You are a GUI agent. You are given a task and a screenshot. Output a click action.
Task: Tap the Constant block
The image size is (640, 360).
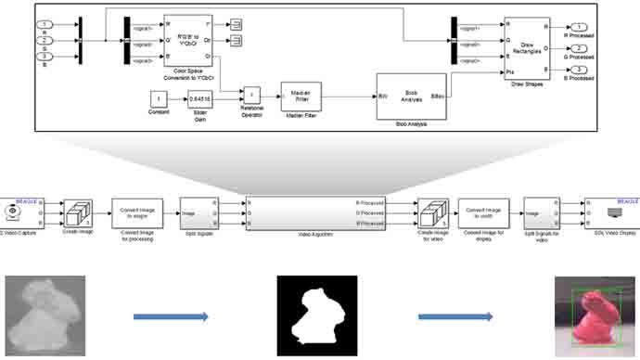click(160, 98)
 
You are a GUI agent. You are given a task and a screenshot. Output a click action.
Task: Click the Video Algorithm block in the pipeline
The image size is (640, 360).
click(315, 212)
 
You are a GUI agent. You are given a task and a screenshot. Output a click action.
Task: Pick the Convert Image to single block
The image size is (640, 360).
click(137, 212)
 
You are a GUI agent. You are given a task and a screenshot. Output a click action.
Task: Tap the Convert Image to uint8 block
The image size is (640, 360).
click(482, 212)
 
